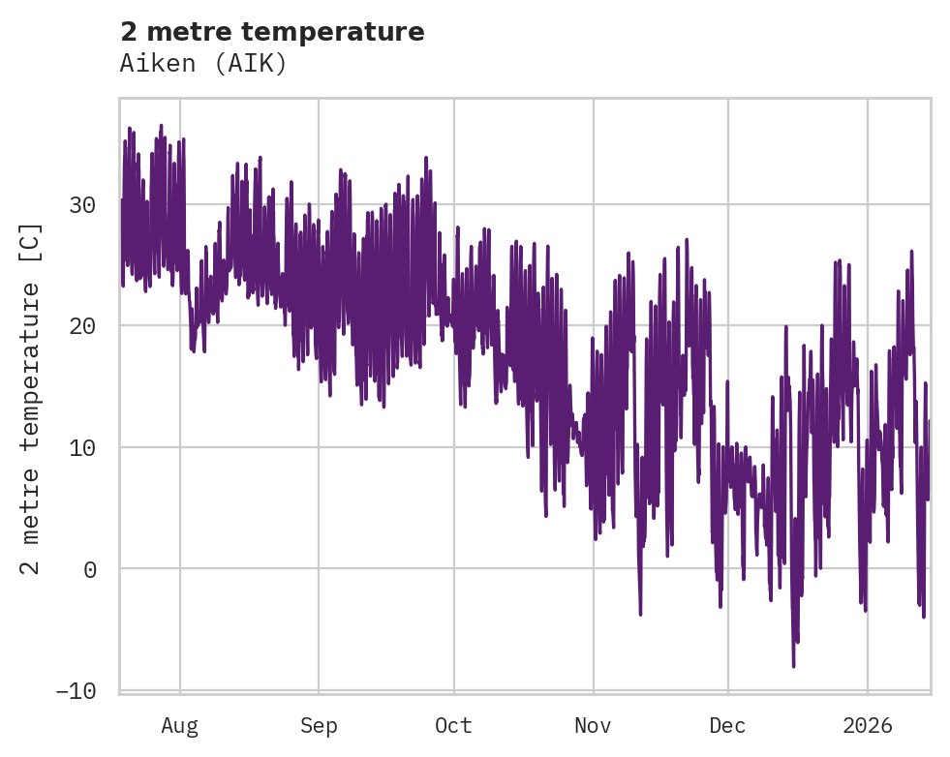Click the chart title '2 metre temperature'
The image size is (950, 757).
click(x=272, y=32)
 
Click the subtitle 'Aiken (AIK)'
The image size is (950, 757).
click(x=203, y=64)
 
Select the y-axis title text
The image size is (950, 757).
click(x=31, y=399)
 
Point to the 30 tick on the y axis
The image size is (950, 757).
click(x=82, y=205)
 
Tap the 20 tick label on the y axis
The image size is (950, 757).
click(x=82, y=326)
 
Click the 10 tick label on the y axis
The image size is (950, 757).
click(x=82, y=447)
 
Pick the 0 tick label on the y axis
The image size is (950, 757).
click(x=89, y=569)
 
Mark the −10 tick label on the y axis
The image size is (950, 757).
click(x=76, y=690)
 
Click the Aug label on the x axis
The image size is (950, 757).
click(x=179, y=726)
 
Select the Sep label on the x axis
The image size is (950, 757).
click(x=318, y=726)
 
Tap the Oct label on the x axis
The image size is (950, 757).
click(x=453, y=726)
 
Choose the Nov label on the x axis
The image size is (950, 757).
click(x=593, y=726)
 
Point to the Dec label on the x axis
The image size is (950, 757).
click(x=727, y=726)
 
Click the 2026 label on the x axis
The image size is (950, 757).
click(x=868, y=726)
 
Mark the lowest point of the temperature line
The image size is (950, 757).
click(x=793, y=666)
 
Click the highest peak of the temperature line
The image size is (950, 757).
click(x=161, y=126)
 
